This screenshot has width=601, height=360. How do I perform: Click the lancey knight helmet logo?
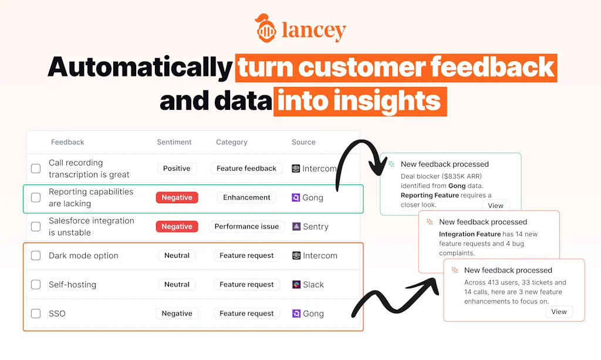[265, 28]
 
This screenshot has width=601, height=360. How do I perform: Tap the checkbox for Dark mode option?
[36, 255]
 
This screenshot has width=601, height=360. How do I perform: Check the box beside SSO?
[36, 313]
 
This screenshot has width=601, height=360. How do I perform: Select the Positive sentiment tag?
[177, 169]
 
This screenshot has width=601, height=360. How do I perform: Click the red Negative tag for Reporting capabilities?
[177, 197]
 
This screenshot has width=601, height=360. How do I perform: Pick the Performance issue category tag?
[247, 227]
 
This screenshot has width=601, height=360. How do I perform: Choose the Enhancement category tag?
[247, 197]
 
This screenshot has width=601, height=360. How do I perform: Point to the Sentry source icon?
[296, 227]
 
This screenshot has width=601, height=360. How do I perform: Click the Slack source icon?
[296, 284]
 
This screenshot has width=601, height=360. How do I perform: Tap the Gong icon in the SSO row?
[296, 313]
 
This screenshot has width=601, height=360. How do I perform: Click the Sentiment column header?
[174, 142]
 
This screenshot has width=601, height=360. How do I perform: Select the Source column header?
[303, 142]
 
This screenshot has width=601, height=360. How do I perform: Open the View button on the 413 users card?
[559, 312]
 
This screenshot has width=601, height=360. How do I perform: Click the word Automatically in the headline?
[140, 67]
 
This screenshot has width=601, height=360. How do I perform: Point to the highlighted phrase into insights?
[360, 101]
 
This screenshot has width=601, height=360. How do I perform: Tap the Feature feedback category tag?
[247, 169]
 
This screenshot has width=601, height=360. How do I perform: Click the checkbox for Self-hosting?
[36, 284]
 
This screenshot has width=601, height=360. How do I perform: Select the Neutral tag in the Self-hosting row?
[177, 284]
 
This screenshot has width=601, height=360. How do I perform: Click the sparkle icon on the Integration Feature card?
[430, 221]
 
